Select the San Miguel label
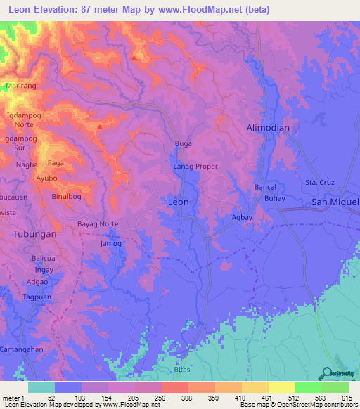click(x=335, y=202)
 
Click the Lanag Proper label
click(x=195, y=167)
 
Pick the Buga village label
click(x=183, y=143)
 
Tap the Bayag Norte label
click(x=97, y=224)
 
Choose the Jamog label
click(x=110, y=243)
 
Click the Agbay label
click(x=242, y=217)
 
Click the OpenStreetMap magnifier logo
click(x=326, y=372)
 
